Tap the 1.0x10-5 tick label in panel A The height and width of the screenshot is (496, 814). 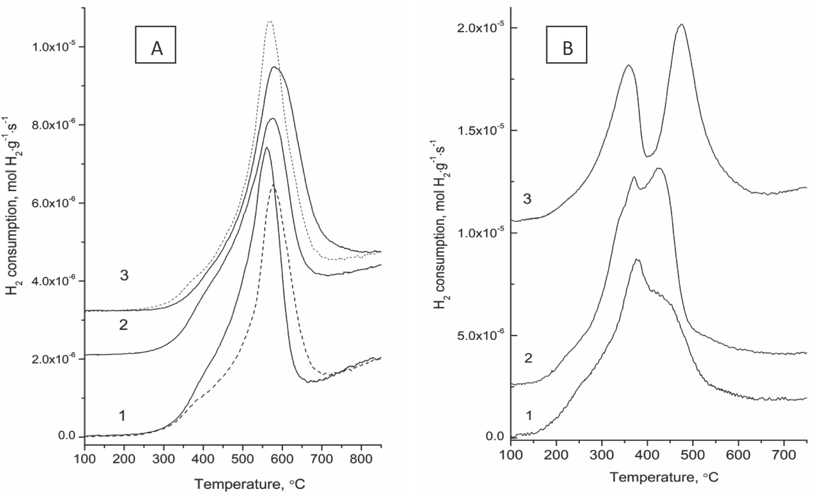[53, 47]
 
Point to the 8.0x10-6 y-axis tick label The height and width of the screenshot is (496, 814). [53, 125]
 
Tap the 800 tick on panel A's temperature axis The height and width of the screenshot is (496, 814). [361, 459]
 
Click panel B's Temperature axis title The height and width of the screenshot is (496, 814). [664, 477]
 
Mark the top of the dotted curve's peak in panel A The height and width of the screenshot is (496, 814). [270, 22]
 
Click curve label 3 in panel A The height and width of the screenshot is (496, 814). [124, 276]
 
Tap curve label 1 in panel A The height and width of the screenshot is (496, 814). [122, 416]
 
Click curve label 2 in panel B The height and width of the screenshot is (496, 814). [528, 358]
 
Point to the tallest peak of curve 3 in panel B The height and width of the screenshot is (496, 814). [681, 25]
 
